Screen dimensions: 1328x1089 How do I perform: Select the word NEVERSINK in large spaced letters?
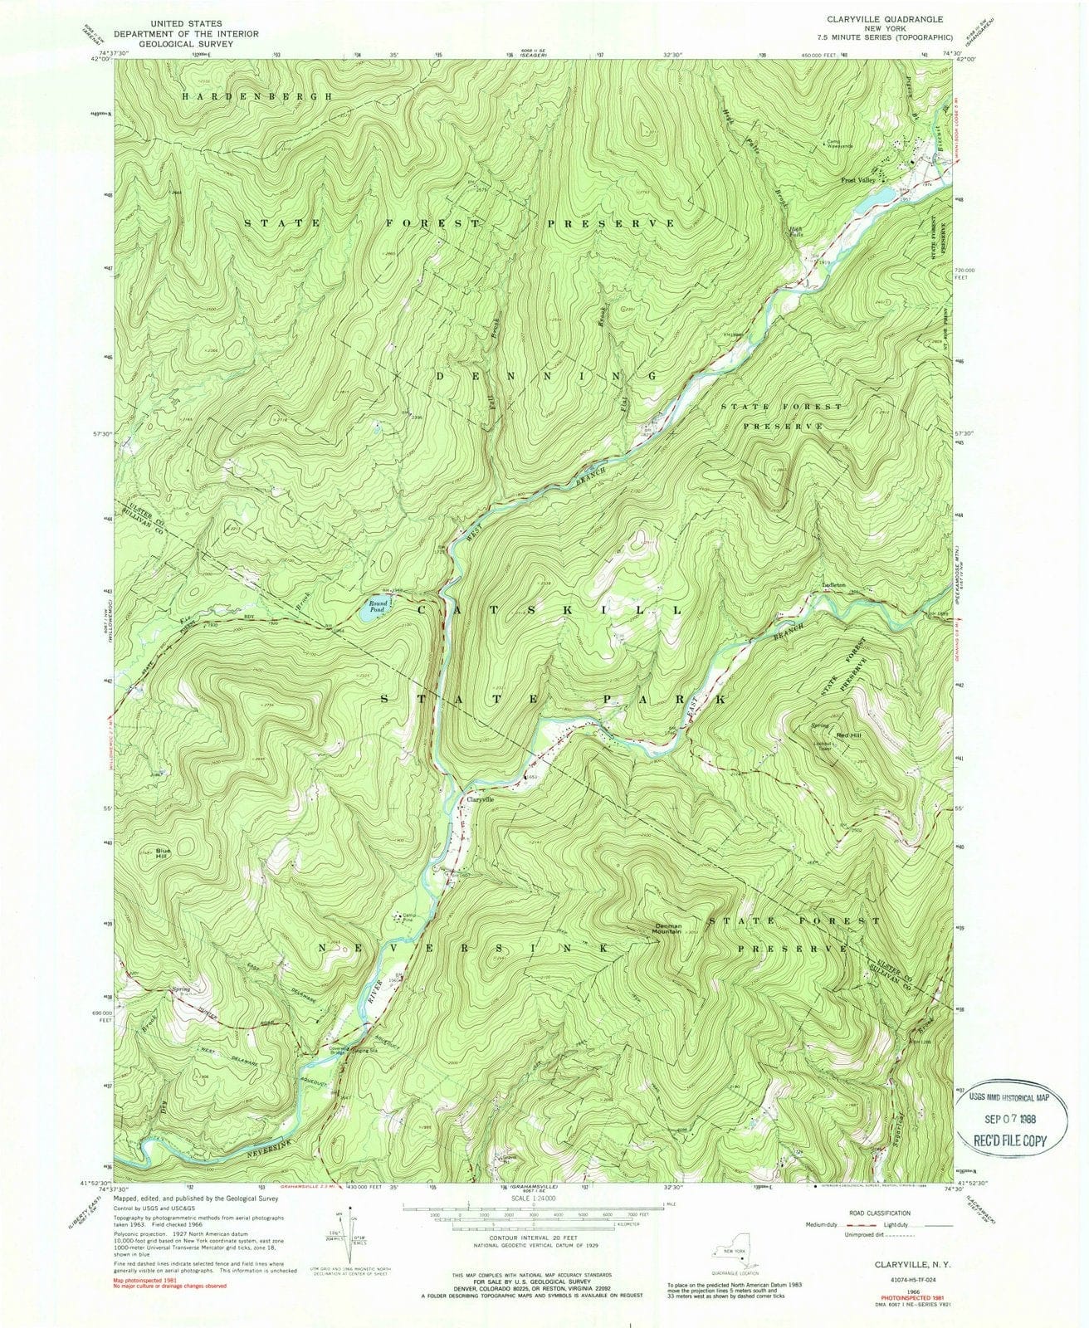(x=458, y=946)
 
